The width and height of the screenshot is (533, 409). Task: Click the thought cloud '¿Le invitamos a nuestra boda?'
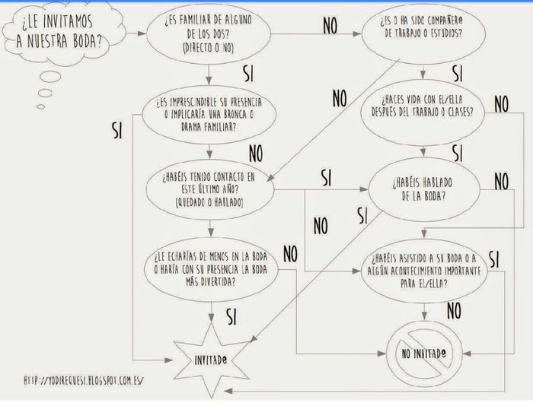(63, 33)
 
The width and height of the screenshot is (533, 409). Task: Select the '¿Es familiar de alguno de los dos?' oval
(209, 33)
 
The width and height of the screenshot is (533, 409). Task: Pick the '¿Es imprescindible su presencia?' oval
(209, 115)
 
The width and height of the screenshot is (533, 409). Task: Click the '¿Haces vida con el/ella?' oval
(422, 113)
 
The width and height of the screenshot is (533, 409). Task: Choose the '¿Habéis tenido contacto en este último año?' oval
(209, 189)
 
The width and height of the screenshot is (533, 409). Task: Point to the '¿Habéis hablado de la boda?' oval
(424, 189)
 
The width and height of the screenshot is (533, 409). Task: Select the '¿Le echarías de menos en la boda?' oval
(211, 269)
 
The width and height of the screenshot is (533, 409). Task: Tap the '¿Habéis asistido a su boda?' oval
(424, 271)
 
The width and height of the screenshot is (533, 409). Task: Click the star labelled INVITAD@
(211, 360)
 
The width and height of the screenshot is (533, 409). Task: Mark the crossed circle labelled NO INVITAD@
(424, 354)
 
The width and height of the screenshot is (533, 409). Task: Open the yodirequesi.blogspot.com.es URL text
(84, 380)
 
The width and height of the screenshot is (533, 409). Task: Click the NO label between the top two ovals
(330, 25)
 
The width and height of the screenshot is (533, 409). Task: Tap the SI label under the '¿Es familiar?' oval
(249, 74)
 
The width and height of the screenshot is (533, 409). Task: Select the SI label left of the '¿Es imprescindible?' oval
(117, 131)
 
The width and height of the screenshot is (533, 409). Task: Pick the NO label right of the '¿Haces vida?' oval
(501, 104)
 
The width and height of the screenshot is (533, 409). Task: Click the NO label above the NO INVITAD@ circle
(454, 311)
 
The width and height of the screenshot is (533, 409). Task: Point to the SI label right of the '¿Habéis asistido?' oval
(494, 260)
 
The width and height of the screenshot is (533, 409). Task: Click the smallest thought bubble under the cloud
(41, 106)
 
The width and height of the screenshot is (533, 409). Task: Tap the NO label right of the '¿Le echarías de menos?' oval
(290, 254)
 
